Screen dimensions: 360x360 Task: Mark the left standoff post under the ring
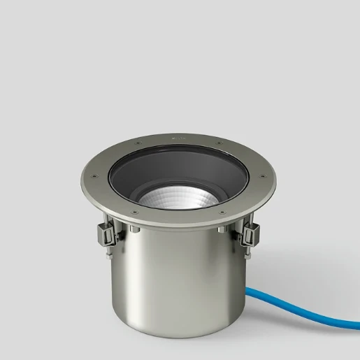(130, 229)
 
